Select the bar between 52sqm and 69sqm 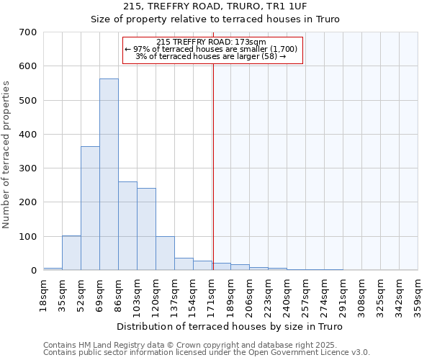90,208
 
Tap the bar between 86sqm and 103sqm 127,226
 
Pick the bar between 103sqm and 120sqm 146,229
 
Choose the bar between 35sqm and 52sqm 71,253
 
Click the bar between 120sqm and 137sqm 165,253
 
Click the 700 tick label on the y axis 28,32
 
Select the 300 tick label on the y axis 28,168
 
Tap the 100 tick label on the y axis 28,236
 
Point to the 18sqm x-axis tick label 44,291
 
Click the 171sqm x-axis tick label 212,292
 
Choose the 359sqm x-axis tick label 418,292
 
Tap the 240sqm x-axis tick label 287,292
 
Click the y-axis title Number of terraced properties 6,155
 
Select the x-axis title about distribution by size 229,327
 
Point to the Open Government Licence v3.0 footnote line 207,352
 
